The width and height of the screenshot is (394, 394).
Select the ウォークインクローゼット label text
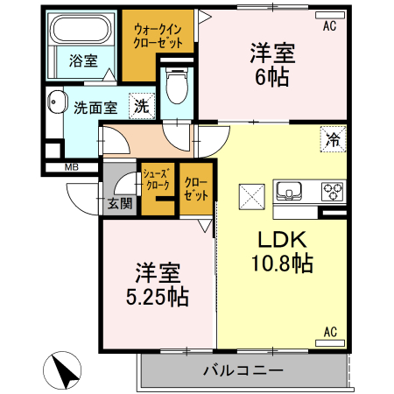click(158, 36)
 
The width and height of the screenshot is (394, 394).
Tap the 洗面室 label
click(95, 108)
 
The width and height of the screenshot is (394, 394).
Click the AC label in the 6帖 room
click(329, 27)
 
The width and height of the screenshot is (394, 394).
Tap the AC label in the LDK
click(330, 333)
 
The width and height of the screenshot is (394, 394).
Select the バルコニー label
click(243, 370)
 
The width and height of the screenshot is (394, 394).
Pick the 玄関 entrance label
click(120, 206)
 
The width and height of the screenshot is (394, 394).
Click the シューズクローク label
click(157, 180)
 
